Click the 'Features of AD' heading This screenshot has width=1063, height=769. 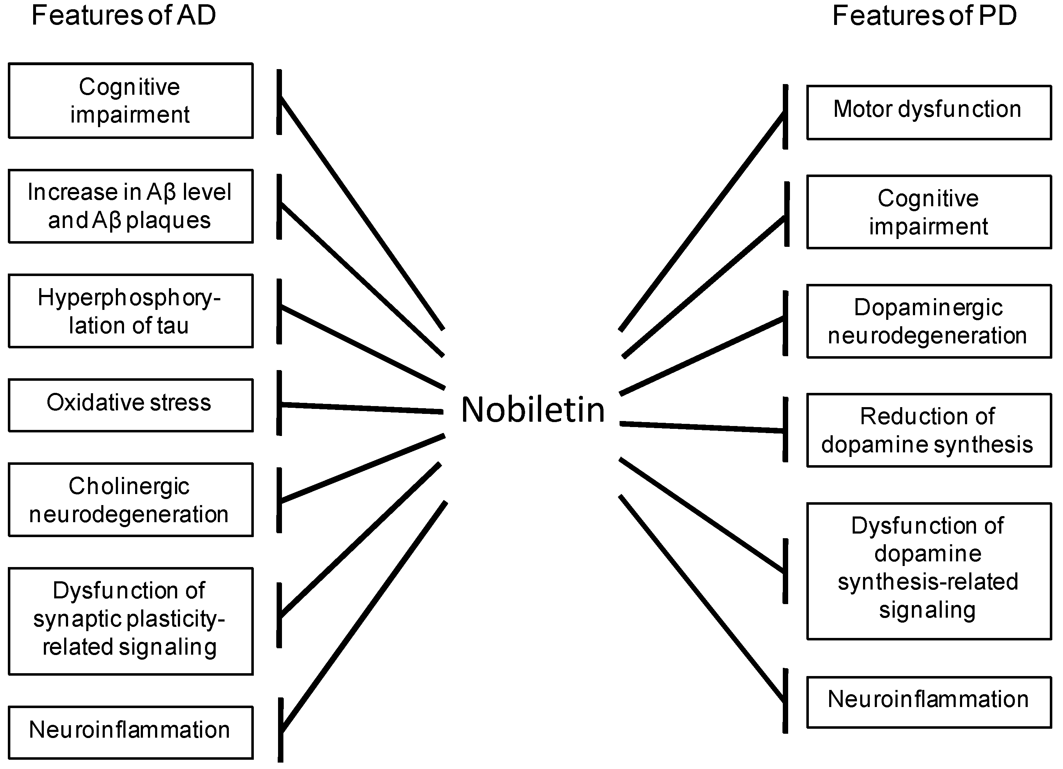pyautogui.click(x=123, y=15)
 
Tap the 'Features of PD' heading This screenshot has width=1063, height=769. pyautogui.click(x=924, y=15)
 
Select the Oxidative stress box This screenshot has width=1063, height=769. pyautogui.click(x=130, y=405)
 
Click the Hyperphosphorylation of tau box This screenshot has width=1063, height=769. pyautogui.click(x=130, y=311)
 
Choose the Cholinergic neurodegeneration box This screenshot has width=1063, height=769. pyautogui.click(x=130, y=500)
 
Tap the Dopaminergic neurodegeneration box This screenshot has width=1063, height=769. pyautogui.click(x=929, y=321)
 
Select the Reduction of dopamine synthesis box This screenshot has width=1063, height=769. pyautogui.click(x=929, y=430)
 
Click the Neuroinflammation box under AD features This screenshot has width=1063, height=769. pyautogui.click(x=130, y=732)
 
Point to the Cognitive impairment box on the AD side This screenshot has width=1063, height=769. pyautogui.click(x=130, y=101)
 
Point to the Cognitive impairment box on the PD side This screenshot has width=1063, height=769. pyautogui.click(x=929, y=212)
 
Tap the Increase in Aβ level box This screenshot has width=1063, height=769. pyautogui.click(x=130, y=206)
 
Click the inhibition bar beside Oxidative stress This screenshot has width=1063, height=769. pyautogui.click(x=279, y=403)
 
